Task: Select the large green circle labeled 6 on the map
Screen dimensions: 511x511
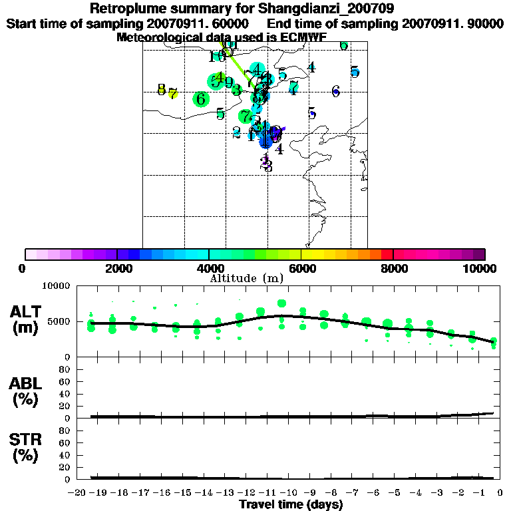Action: click(201, 99)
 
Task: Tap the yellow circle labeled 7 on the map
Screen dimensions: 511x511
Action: click(173, 94)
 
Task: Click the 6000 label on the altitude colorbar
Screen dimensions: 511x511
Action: click(301, 269)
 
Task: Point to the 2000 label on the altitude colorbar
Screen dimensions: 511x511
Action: click(117, 269)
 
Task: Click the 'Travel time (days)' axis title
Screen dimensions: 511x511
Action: click(291, 505)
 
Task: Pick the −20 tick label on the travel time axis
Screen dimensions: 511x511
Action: click(79, 493)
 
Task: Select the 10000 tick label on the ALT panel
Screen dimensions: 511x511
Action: click(56, 286)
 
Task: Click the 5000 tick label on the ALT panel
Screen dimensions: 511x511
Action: click(59, 321)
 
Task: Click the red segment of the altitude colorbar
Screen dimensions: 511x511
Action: click(387, 254)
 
